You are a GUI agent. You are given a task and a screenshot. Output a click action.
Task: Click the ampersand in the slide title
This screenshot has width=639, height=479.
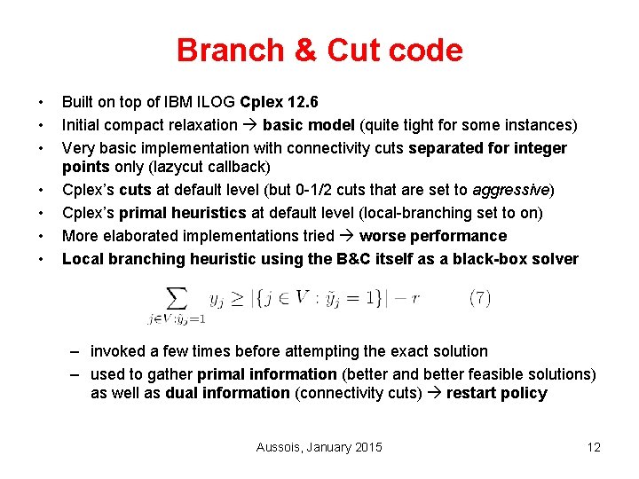(305, 50)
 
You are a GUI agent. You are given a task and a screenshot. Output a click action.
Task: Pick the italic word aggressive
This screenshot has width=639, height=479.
(511, 190)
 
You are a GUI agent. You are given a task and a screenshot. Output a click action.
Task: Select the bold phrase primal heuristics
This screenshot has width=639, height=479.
(181, 213)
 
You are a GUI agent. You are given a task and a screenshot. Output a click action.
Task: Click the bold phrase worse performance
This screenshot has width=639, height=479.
(433, 236)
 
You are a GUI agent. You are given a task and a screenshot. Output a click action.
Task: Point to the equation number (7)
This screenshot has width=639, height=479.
(479, 298)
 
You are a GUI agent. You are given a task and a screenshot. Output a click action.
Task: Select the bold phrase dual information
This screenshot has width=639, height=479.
(227, 393)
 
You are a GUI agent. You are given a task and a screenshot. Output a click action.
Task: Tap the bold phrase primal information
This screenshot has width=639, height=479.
(267, 374)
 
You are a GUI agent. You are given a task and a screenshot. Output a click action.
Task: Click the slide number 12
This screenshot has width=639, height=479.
(594, 447)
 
